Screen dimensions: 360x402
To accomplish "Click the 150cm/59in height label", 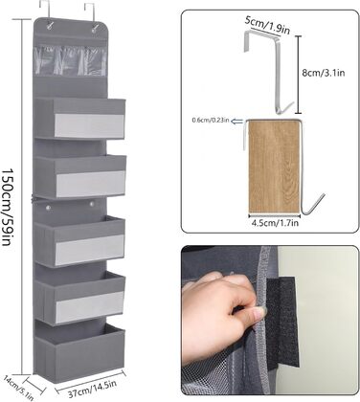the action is pos(8,207).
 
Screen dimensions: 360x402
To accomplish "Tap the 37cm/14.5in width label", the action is pos(90,388).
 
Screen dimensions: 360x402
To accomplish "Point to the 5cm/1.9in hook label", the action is pos(267,26).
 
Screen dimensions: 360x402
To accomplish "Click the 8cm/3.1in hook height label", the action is pos(324,73).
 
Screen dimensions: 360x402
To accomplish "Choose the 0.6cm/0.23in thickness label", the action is pos(211,121).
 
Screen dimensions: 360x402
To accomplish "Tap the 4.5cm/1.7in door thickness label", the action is pos(275,223).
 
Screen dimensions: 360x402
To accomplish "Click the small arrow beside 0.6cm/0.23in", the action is pos(236,121).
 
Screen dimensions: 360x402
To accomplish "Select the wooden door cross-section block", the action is pos(274,167).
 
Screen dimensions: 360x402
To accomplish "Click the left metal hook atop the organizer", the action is pos(46,12).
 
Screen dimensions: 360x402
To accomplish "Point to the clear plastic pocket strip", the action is pos(70,60).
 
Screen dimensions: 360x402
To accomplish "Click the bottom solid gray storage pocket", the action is pos(79,348).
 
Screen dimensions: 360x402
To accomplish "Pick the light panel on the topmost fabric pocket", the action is pos(89,125).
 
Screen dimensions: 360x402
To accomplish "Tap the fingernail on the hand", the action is pos(259,310).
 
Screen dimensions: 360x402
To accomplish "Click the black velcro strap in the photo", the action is pos(283,323).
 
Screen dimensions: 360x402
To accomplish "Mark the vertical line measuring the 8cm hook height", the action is pos(298,75).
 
